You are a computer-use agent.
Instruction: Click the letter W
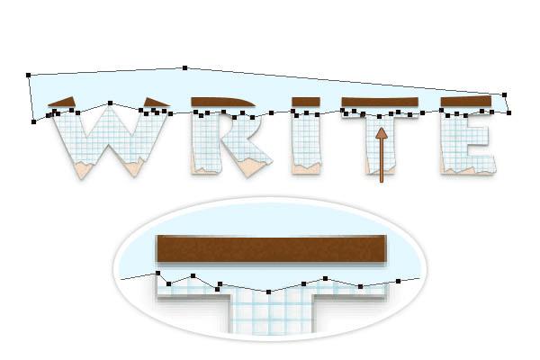click(110, 143)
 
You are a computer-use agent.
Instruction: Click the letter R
click(230, 144)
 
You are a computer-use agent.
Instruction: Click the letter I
click(306, 143)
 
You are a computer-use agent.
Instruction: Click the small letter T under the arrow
click(380, 143)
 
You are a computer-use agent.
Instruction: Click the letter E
click(468, 143)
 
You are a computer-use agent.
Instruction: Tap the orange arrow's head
click(382, 134)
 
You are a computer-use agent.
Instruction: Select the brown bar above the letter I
click(306, 102)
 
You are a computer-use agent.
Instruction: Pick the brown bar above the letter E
click(465, 102)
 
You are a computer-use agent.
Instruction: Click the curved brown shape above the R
click(223, 102)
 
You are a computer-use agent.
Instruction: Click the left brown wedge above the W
click(63, 102)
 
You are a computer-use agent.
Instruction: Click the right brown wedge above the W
click(156, 102)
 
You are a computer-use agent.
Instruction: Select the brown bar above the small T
click(380, 102)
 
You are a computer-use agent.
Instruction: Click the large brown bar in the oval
click(272, 248)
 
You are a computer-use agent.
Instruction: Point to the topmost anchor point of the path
click(184, 67)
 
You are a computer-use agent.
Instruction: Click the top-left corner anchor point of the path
click(28, 75)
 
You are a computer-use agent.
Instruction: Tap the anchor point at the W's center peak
click(110, 103)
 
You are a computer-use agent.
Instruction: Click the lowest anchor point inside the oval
click(268, 292)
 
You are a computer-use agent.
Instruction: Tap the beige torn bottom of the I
click(306, 169)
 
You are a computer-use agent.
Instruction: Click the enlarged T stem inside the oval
click(272, 311)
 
